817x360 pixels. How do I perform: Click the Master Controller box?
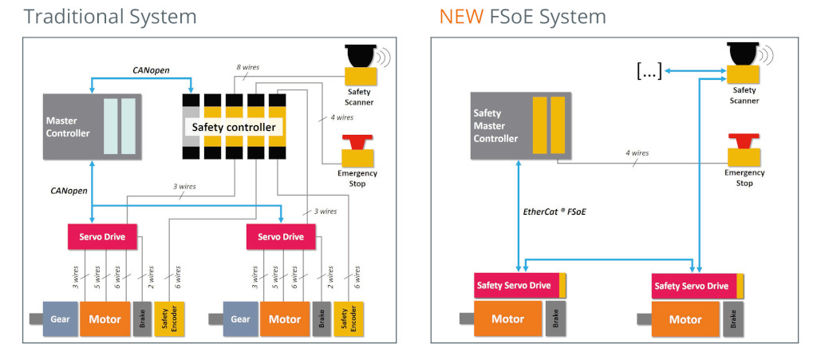coord(92,127)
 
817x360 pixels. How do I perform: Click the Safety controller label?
coord(234,127)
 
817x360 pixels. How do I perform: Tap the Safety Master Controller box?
coord(520,125)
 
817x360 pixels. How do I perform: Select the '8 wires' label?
coord(247,67)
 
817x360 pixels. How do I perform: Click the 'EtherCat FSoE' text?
coord(554,212)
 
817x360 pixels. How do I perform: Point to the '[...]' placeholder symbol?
coord(649,72)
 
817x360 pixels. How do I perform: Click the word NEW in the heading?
coord(461,17)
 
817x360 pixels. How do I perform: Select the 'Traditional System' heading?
coord(110,17)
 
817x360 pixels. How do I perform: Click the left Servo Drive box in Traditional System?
coord(102,236)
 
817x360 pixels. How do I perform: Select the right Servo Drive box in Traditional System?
coord(281,236)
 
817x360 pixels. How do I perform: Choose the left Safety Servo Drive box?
coord(520,286)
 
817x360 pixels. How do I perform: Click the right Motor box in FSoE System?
coord(685,318)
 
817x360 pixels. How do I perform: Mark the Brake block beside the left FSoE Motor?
coord(555,318)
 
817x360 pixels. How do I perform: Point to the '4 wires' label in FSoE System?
coord(637,153)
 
